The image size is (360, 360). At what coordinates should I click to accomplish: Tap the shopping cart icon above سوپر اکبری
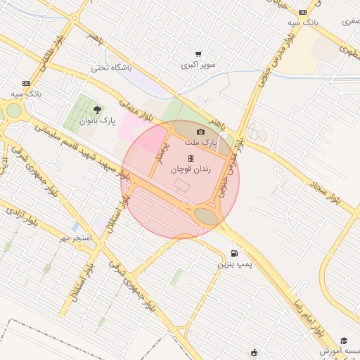tap(199, 53)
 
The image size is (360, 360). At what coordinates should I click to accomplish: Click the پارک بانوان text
tap(96, 121)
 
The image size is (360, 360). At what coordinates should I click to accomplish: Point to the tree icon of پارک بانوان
tap(97, 109)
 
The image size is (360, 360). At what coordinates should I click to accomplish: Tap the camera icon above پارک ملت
tap(201, 132)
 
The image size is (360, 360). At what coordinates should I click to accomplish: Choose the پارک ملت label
tap(201, 143)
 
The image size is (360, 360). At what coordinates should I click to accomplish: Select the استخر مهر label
tap(76, 238)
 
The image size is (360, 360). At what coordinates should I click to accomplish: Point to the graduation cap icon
tap(344, 340)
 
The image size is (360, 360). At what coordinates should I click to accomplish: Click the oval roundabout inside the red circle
tap(207, 216)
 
